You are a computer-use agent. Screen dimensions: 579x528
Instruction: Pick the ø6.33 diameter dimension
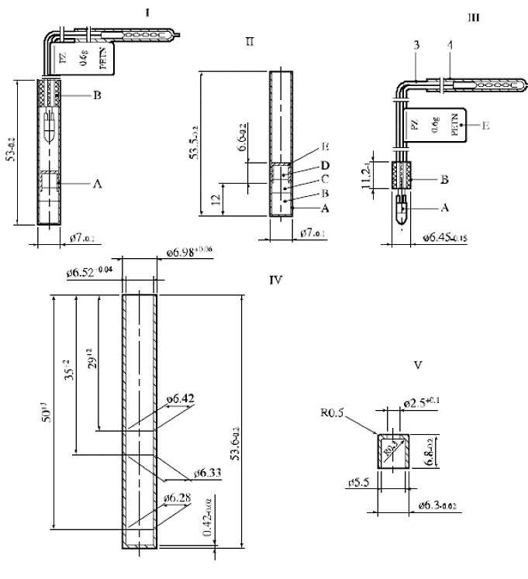tap(206, 472)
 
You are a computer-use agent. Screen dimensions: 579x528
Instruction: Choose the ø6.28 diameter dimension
tap(178, 496)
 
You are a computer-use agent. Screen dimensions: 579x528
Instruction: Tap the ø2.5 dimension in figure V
tap(421, 402)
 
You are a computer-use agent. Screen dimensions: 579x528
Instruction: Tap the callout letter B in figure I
tap(98, 95)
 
